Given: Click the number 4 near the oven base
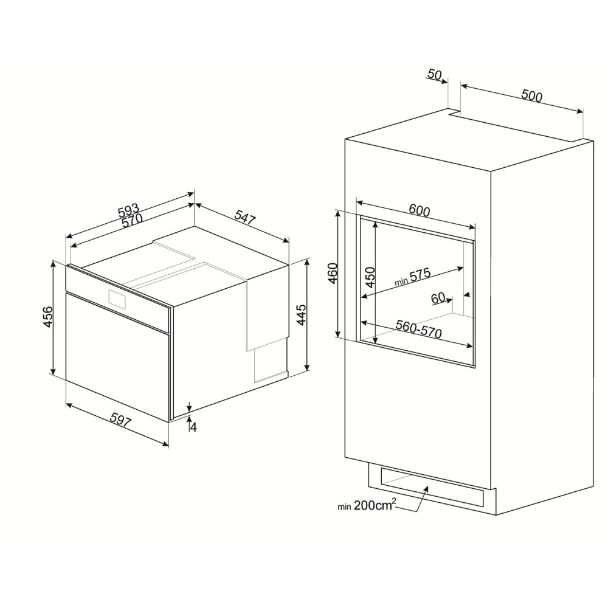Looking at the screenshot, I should coord(193,427).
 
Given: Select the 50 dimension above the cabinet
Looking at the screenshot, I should coord(434,75).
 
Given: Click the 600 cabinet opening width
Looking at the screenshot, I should coord(420,211).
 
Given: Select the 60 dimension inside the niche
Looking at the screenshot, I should coord(439,298).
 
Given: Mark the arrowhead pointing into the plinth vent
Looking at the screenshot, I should coord(426,488).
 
